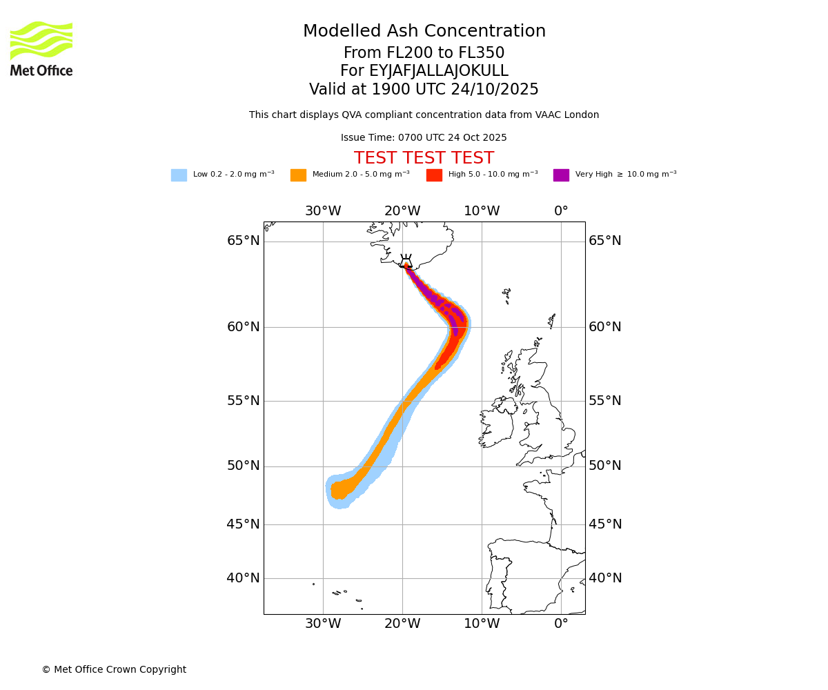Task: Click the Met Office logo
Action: pos(41,48)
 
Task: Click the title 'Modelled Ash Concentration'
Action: pos(424,32)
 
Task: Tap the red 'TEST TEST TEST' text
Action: pos(424,159)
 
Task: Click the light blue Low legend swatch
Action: pos(179,175)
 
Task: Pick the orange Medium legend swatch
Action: pos(298,175)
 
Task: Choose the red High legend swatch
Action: pos(434,175)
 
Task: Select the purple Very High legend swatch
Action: pos(561,175)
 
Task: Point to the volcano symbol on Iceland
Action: pos(406,261)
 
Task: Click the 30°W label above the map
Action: pos(323,211)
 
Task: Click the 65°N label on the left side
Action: pos(244,241)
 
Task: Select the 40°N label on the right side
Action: pos(604,578)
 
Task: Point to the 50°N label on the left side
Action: pos(244,466)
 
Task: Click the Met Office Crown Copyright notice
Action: pos(114,669)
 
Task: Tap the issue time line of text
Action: pos(424,138)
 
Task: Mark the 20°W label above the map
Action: pos(402,211)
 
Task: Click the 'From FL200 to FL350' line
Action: pos(424,53)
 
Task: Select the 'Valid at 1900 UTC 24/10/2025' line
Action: pos(424,90)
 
